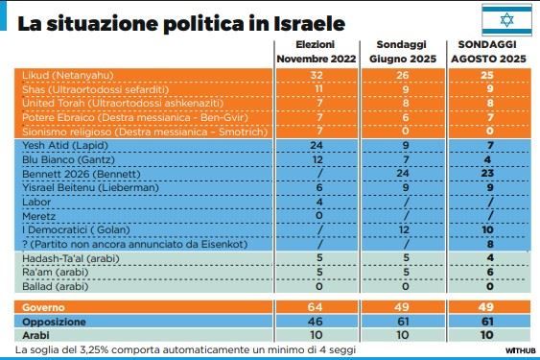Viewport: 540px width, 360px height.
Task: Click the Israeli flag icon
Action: [500, 20]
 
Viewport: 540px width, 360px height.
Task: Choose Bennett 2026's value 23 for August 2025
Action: [490, 175]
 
